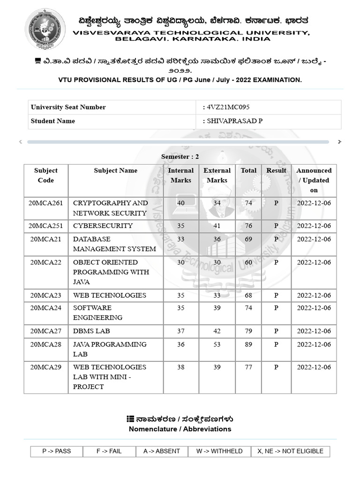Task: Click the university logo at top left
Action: [x=45, y=29]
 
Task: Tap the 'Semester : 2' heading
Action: [x=180, y=157]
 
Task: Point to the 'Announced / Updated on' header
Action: [x=314, y=180]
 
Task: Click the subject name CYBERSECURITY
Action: [x=103, y=225]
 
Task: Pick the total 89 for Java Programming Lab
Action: [x=248, y=344]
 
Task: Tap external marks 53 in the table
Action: [x=217, y=344]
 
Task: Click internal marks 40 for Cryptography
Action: [x=181, y=203]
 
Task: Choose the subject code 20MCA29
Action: [x=46, y=367]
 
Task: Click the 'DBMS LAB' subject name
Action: [x=91, y=331]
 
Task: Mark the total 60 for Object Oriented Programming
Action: [x=248, y=262]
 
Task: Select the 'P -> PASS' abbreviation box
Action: [x=57, y=451]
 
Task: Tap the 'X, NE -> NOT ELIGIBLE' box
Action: [x=290, y=451]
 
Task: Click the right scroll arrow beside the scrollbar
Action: [x=339, y=142]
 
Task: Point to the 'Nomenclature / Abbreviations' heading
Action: [x=180, y=429]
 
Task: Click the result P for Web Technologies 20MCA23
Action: [x=276, y=295]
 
